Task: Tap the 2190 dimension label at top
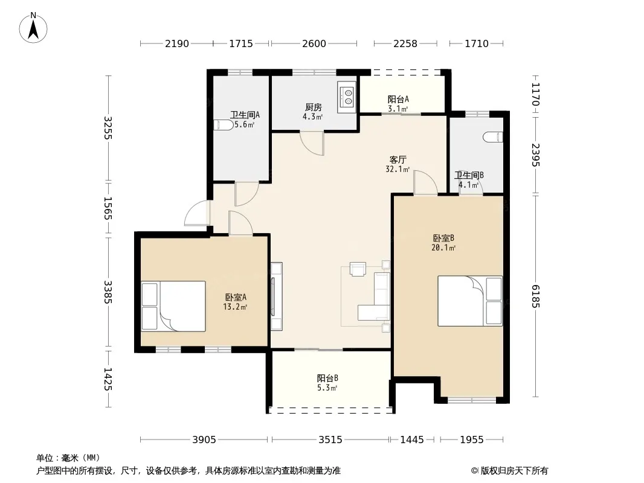click(177, 43)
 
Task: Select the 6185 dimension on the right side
click(535, 296)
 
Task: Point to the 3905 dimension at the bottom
click(204, 440)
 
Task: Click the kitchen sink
click(347, 97)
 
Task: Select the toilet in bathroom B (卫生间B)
click(493, 136)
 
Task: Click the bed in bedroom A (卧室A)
click(173, 306)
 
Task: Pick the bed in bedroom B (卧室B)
click(470, 301)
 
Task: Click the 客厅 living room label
click(398, 159)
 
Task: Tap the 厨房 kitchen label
click(313, 107)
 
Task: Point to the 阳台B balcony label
click(327, 378)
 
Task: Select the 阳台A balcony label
click(398, 99)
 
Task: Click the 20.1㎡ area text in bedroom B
click(443, 248)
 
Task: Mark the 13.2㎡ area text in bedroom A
click(235, 307)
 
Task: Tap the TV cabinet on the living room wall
click(277, 296)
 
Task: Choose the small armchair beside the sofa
click(358, 269)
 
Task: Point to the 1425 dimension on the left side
click(108, 379)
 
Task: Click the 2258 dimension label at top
click(405, 43)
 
